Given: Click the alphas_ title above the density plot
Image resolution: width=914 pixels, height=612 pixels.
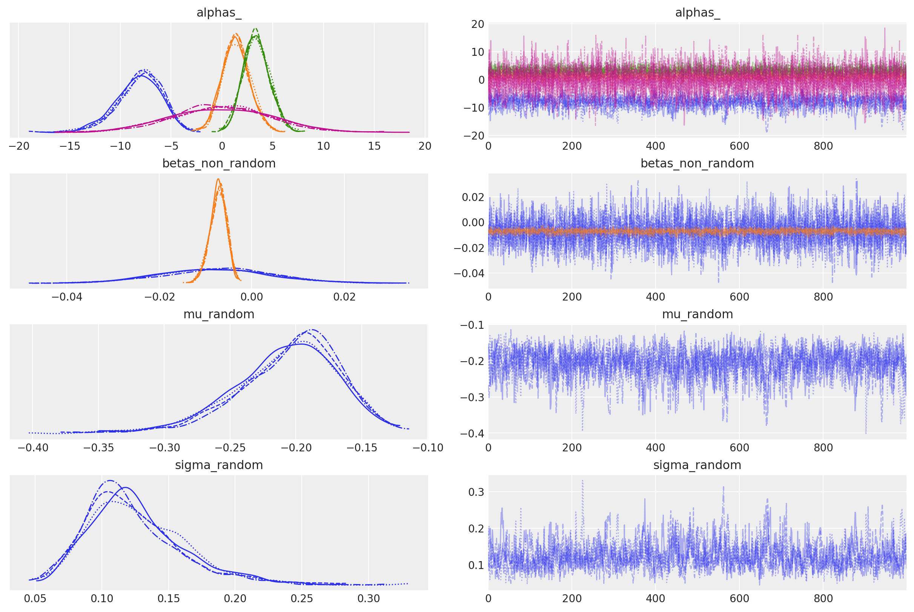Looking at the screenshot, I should [219, 12].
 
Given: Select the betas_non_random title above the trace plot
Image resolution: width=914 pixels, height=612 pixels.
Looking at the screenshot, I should [697, 163].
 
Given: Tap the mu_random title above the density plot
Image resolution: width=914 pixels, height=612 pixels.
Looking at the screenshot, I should [219, 314].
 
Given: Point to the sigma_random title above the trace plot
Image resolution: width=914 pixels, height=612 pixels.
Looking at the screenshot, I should [697, 465].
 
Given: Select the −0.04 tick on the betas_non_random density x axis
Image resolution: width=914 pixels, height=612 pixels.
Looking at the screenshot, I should [67, 297].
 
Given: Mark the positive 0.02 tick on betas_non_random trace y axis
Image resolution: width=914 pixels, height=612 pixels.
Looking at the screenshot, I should [473, 197].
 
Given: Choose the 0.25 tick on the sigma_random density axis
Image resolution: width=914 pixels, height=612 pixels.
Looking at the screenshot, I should [302, 598].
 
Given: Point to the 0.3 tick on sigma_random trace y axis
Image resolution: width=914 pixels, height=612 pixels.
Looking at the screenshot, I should [476, 492].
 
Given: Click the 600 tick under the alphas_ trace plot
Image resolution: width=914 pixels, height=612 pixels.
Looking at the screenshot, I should [739, 146].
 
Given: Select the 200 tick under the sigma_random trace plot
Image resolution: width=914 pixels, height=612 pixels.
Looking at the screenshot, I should [571, 598].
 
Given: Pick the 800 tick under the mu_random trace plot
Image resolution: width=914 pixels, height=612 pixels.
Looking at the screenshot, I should [823, 448].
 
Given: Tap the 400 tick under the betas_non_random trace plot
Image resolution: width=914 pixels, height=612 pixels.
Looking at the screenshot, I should [655, 297].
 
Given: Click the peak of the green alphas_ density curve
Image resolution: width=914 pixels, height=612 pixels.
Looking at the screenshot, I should [255, 29].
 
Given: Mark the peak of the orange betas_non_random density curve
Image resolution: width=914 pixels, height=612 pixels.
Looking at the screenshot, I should [218, 179].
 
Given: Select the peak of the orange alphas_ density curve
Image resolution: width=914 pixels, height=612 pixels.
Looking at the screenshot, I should [235, 34].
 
